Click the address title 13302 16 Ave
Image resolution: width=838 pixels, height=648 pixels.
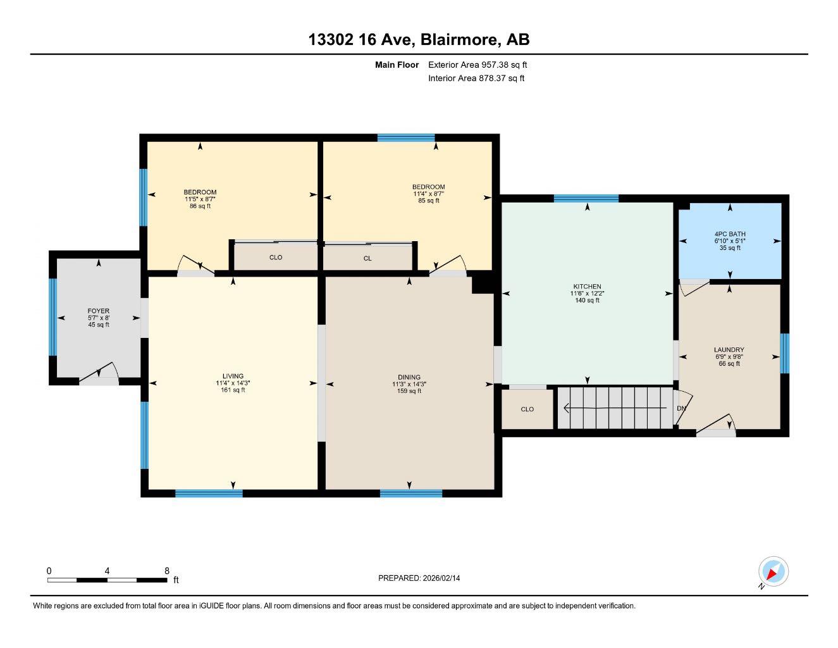[419, 39]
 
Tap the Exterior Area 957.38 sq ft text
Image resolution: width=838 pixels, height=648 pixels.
[478, 65]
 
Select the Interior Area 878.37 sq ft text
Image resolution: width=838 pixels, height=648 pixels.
[476, 78]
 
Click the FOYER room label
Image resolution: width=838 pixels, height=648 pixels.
[99, 311]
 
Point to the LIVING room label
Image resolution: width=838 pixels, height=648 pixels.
[233, 377]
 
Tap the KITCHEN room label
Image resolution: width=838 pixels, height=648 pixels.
[587, 287]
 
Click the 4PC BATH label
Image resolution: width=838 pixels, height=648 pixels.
[729, 234]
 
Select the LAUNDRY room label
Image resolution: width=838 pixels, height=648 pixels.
[729, 350]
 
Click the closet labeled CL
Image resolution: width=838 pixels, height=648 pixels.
[367, 258]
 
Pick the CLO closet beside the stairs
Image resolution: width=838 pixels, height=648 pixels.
[527, 409]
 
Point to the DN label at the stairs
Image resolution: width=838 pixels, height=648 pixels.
[681, 408]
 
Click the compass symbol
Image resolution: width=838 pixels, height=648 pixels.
[773, 572]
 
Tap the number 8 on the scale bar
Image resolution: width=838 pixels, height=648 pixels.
[167, 571]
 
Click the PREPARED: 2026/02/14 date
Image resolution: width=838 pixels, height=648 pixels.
[419, 578]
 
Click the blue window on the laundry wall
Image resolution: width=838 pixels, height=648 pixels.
[784, 354]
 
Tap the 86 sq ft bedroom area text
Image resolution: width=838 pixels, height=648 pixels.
[200, 206]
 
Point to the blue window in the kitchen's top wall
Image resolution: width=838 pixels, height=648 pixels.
[586, 199]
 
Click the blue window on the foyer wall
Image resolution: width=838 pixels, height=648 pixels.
[53, 317]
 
